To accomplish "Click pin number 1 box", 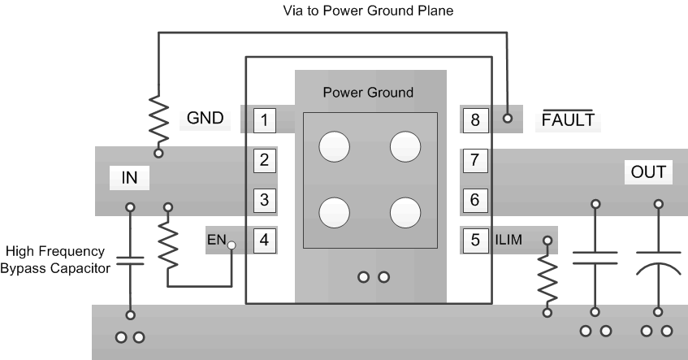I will point(264,121).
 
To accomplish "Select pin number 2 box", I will point(264,159).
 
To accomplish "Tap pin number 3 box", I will point(264,198).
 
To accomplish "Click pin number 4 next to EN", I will point(264,240).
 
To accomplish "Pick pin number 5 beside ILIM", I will point(475,240).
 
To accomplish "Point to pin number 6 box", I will point(475,198).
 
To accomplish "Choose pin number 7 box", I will point(475,159).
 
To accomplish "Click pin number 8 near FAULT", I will point(475,121).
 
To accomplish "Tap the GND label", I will point(205,119).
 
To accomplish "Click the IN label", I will point(129,176).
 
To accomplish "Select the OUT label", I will point(647,172).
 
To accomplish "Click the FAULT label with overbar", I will point(568,120).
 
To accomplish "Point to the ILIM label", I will point(509,240).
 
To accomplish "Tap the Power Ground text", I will point(368,92).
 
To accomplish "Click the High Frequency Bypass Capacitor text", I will point(56,260).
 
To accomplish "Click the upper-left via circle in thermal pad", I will point(334,147).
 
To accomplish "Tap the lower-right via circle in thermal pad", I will point(405,213).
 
